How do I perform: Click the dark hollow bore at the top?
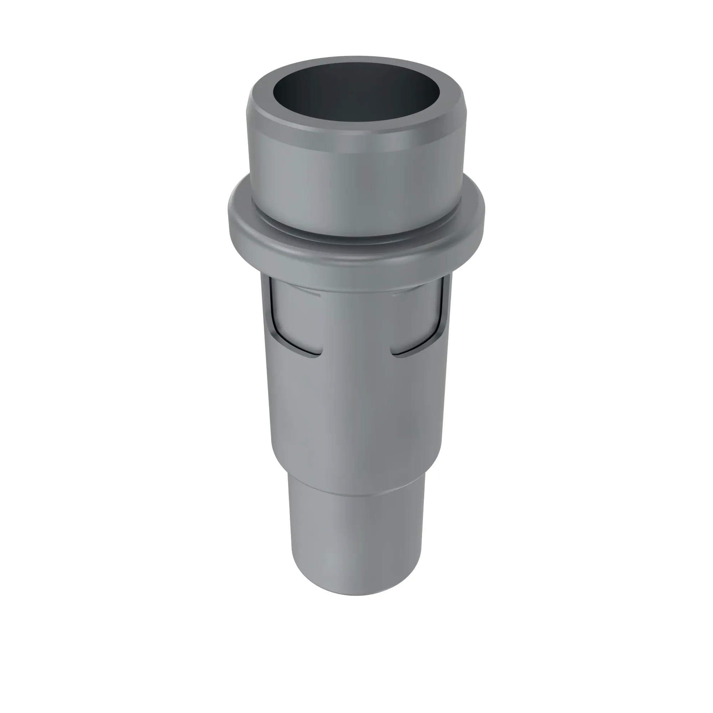point(356,92)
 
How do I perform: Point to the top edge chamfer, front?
point(356,142)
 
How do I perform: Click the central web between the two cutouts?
point(356,325)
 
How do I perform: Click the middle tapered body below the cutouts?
point(356,406)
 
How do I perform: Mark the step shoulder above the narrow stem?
point(356,487)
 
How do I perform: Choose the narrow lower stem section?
point(356,535)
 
